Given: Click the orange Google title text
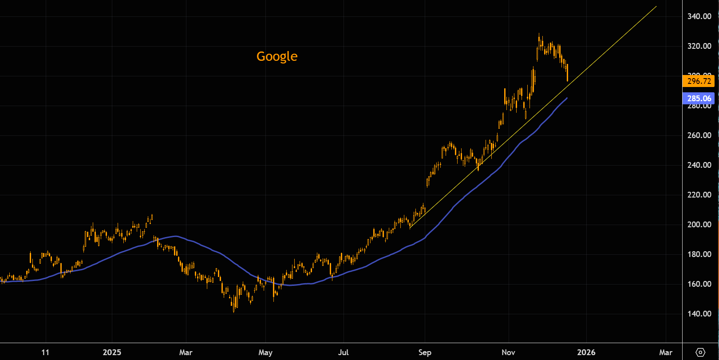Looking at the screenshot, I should click(x=277, y=56).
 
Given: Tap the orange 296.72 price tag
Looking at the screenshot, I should click(x=699, y=81).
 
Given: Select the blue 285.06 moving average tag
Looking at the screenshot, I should click(x=699, y=99).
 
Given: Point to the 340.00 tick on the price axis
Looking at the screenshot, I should click(x=699, y=16).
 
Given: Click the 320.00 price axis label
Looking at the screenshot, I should click(x=699, y=46).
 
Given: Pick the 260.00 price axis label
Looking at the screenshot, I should click(x=699, y=135).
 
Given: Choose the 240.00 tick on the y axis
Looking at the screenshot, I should click(x=699, y=165).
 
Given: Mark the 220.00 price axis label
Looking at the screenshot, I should click(x=699, y=195).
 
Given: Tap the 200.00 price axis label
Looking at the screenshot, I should click(x=699, y=225).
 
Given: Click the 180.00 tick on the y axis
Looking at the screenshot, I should click(x=699, y=254).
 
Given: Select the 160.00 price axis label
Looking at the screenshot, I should click(x=699, y=284).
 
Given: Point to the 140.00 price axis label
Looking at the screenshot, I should click(x=699, y=314).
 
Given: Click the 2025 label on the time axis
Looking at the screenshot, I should click(x=112, y=352).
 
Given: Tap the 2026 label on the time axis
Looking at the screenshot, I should click(x=586, y=352).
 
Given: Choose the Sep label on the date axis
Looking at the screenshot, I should click(x=425, y=352).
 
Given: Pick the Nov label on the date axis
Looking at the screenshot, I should click(x=509, y=352).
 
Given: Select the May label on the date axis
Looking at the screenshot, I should click(x=265, y=352).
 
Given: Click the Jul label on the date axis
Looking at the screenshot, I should click(x=343, y=352).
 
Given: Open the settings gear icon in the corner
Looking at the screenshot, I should click(x=700, y=352).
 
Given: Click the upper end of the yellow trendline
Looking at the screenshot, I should click(x=656, y=7).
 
